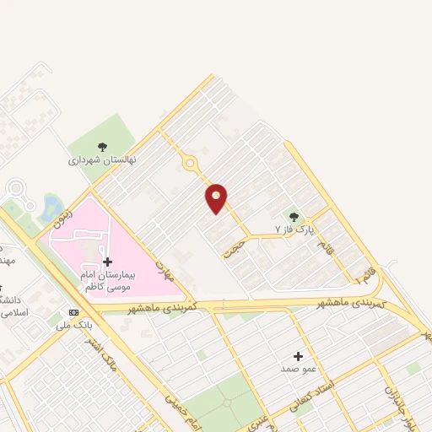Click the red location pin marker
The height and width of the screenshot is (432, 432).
pyautogui.click(x=217, y=197)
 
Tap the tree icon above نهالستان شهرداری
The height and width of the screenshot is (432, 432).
pyautogui.click(x=103, y=147)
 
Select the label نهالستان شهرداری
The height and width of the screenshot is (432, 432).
pyautogui.click(x=102, y=159)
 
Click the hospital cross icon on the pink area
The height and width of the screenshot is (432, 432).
pyautogui.click(x=107, y=262)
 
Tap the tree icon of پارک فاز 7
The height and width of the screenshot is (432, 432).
pyautogui.click(x=294, y=216)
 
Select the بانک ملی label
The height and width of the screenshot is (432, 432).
pyautogui.click(x=75, y=324)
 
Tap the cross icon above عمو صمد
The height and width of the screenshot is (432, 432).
pyautogui.click(x=298, y=356)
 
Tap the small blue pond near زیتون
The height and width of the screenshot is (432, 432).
pyautogui.click(x=51, y=207)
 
